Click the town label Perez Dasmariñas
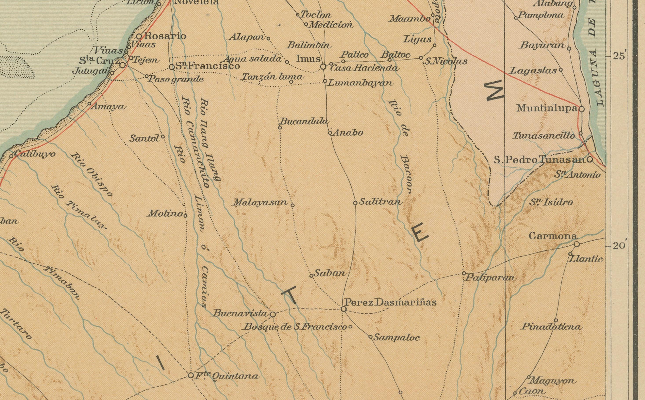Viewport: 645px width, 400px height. click(390, 302)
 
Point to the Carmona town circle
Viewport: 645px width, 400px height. click(577, 244)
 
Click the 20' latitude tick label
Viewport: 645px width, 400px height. click(619, 246)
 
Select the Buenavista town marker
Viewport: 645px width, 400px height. click(273, 315)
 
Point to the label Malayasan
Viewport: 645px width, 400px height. click(260, 203)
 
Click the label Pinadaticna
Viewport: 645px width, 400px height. click(552, 327)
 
